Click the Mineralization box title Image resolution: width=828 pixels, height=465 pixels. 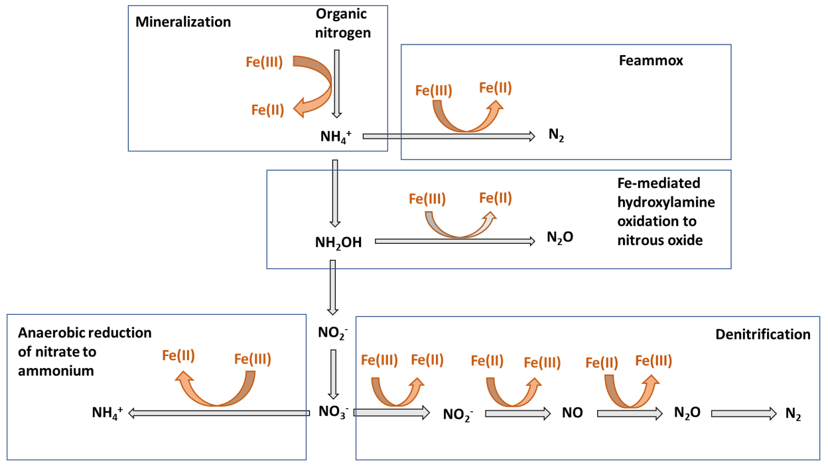[x=183, y=22]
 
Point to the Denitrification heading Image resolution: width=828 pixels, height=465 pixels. [x=763, y=334]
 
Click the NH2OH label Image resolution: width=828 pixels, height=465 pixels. [x=338, y=242]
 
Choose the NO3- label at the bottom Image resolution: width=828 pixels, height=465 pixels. [x=333, y=412]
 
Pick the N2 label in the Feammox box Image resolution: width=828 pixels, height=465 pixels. [x=556, y=136]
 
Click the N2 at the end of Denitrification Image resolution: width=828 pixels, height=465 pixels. [x=793, y=414]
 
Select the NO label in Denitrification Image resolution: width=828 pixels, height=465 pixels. [x=572, y=413]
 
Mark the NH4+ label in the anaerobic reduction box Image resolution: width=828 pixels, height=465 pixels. [x=107, y=413]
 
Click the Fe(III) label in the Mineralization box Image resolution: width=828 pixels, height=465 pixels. [x=264, y=62]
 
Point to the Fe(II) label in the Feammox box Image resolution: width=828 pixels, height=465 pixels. [x=495, y=88]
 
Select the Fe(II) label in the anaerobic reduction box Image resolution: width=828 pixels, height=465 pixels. [x=178, y=355]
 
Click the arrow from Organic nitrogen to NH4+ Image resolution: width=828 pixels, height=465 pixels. [x=337, y=83]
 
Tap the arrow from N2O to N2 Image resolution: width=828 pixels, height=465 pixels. [x=743, y=413]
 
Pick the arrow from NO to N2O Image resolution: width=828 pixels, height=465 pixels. [x=629, y=413]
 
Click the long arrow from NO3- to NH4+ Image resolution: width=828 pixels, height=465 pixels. [x=219, y=413]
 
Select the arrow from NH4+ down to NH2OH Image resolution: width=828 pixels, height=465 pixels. [x=335, y=193]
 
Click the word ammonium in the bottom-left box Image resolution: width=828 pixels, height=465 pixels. [x=56, y=371]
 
